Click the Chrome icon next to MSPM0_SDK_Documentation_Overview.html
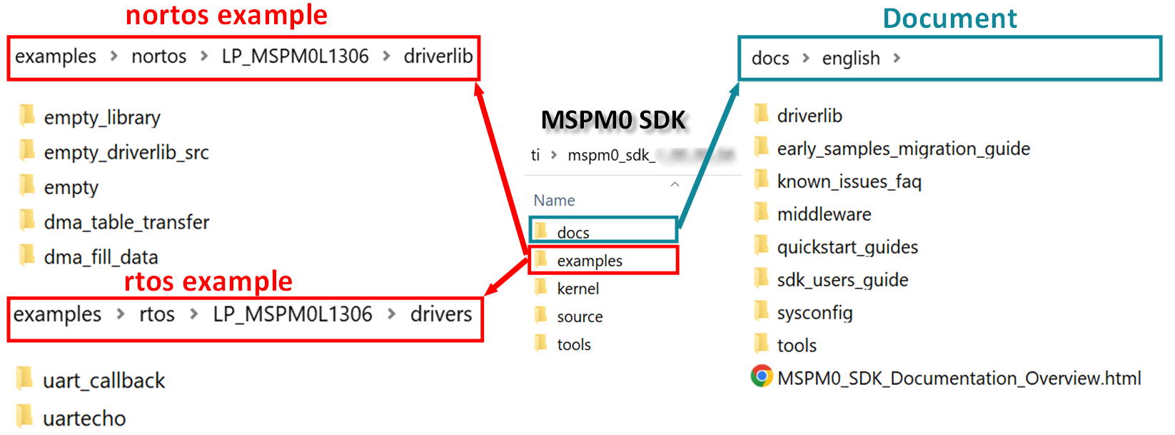(x=762, y=376)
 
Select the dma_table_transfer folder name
(x=126, y=223)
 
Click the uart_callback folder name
(x=104, y=381)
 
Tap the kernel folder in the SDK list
(x=578, y=289)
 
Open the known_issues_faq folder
(x=849, y=182)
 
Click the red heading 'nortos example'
(x=226, y=16)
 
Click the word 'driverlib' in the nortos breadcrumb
(x=438, y=56)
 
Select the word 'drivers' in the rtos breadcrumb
(x=440, y=314)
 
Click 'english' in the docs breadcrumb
(x=850, y=59)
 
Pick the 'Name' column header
(x=554, y=201)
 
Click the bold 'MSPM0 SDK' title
(x=613, y=120)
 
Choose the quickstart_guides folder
(x=847, y=248)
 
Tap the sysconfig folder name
(x=815, y=314)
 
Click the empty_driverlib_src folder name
(x=126, y=153)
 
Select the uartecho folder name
(x=84, y=419)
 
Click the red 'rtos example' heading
(x=208, y=282)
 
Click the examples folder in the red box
(x=589, y=261)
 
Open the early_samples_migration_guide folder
(x=903, y=149)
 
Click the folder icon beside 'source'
(x=541, y=316)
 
